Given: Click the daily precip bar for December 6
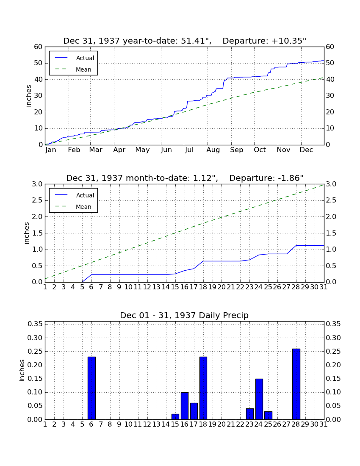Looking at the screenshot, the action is pos(91,388).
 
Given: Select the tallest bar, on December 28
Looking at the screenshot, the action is pos(296,384).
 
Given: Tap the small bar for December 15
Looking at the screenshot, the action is pos(175,417).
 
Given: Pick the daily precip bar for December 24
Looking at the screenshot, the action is pos(259,399).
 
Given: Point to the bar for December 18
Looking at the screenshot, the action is pos(203,388).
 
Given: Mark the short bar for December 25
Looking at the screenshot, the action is pos(268,415).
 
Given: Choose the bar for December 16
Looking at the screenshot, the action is pos(185,406).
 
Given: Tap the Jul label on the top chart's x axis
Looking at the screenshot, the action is pos(189,150).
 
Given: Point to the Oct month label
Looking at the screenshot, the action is pos(260,150).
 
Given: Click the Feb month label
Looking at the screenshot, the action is pos(74,150).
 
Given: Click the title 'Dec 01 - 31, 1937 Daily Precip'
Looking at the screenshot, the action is pos(184,315).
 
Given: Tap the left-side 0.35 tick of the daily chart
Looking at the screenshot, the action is pos(35,324).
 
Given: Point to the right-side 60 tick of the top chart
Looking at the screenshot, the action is pos(330,47).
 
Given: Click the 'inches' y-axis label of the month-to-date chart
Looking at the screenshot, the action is pos(27,233).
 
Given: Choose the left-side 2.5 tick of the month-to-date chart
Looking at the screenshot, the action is pos(37,200).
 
